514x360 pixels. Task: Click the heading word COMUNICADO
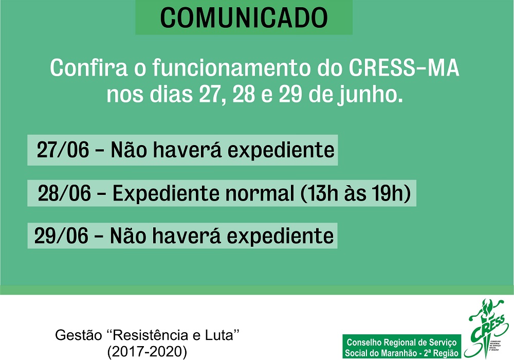[244, 17]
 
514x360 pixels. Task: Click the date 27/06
[63, 150]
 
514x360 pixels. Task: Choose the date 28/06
[64, 194]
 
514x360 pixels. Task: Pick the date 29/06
[61, 236]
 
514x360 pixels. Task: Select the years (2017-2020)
[148, 351]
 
